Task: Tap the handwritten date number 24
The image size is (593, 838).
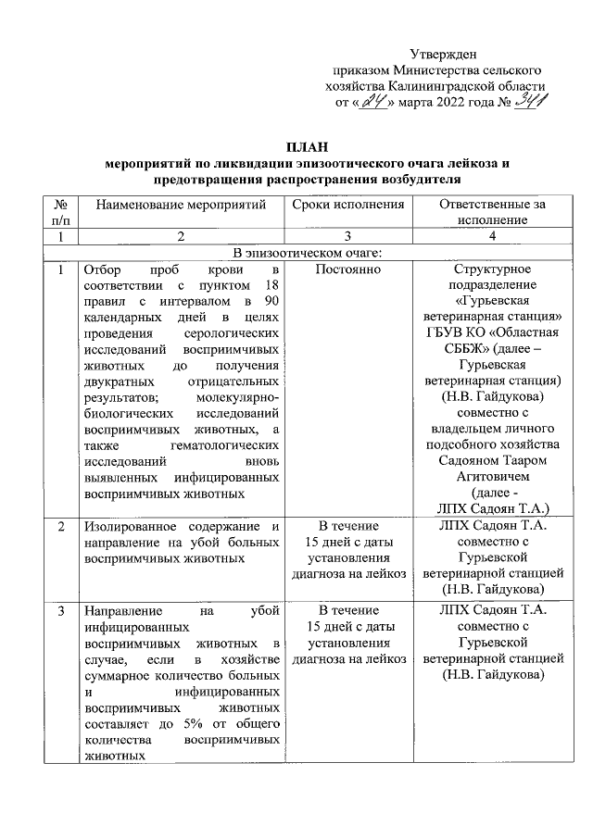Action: tap(374, 102)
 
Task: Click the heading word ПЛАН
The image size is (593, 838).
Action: tap(309, 147)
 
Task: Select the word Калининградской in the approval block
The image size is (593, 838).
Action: tap(439, 86)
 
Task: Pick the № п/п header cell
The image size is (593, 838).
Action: tap(60, 212)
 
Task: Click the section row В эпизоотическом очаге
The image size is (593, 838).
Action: tap(309, 254)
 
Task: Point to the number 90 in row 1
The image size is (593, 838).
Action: tap(272, 305)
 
